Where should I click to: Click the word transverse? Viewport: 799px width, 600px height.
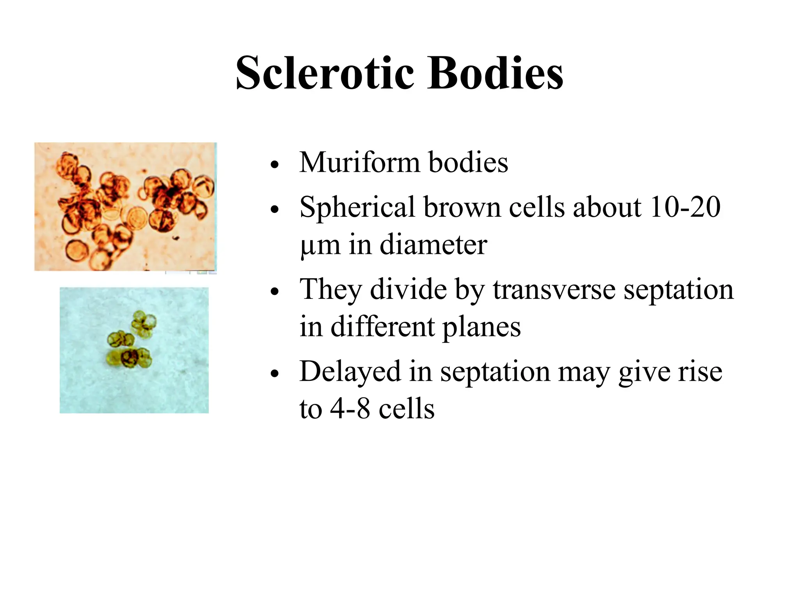pos(554,289)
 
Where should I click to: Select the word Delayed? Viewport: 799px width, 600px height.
pos(350,372)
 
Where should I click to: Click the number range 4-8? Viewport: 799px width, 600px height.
pos(350,409)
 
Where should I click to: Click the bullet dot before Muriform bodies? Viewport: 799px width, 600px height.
pos(275,164)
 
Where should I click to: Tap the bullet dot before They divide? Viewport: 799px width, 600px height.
pos(275,292)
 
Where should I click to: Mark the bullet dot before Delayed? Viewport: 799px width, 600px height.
pos(275,374)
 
